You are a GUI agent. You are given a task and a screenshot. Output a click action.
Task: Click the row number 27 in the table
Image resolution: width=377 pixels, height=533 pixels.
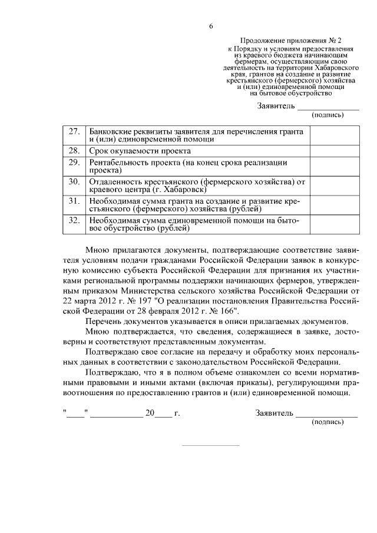pyautogui.click(x=74, y=131)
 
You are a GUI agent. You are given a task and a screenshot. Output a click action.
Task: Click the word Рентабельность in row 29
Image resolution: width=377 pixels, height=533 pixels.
pyautogui.click(x=121, y=162)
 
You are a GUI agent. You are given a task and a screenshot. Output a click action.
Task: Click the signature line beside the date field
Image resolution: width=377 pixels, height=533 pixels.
pyautogui.click(x=327, y=416)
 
